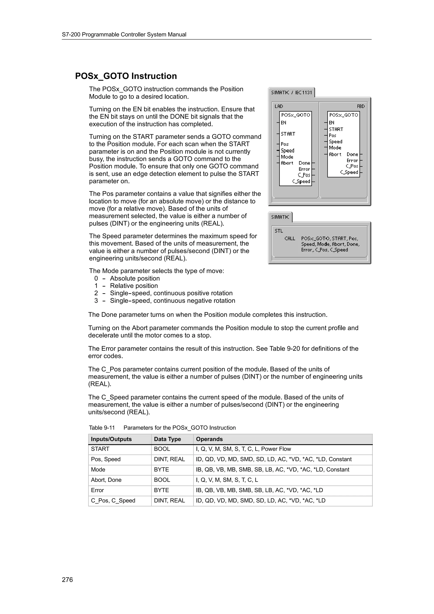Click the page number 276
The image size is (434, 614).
click(67, 579)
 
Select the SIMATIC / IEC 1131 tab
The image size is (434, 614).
click(291, 93)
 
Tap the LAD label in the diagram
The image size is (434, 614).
click(279, 106)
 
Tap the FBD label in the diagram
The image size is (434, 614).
click(361, 106)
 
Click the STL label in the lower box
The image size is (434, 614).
click(279, 231)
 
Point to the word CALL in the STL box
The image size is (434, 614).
click(290, 238)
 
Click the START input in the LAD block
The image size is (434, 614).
click(288, 134)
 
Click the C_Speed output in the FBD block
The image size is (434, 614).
click(349, 172)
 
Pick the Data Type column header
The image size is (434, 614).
click(167, 439)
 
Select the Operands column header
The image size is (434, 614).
click(209, 439)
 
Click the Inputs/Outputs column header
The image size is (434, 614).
click(111, 439)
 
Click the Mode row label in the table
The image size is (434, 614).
click(98, 470)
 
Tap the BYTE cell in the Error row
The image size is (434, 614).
click(161, 490)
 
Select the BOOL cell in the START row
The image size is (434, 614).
click(162, 449)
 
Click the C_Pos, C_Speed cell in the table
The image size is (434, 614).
click(113, 501)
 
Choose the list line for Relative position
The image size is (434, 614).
click(134, 286)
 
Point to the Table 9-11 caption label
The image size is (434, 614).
click(102, 428)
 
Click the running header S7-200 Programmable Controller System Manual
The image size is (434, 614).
click(124, 35)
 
